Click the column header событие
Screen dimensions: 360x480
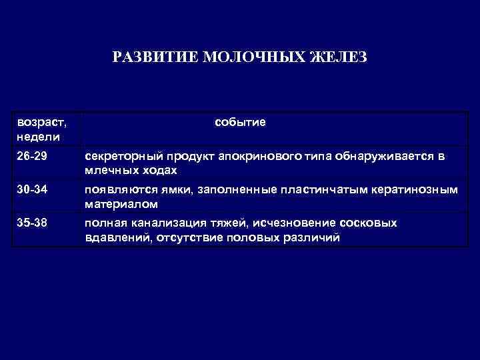pyautogui.click(x=241, y=122)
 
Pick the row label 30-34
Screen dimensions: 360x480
pyautogui.click(x=32, y=190)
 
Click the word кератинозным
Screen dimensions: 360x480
pyautogui.click(x=410, y=190)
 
